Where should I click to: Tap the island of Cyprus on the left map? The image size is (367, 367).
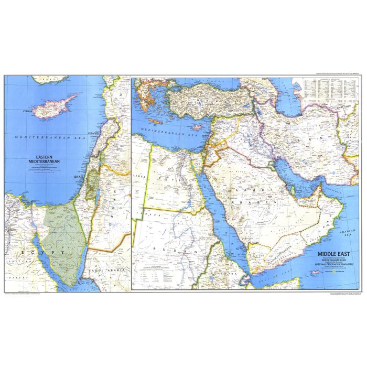click(52, 105)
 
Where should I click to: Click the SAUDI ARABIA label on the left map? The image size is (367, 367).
click(102, 271)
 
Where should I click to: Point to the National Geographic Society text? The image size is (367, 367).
click(332, 260)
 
